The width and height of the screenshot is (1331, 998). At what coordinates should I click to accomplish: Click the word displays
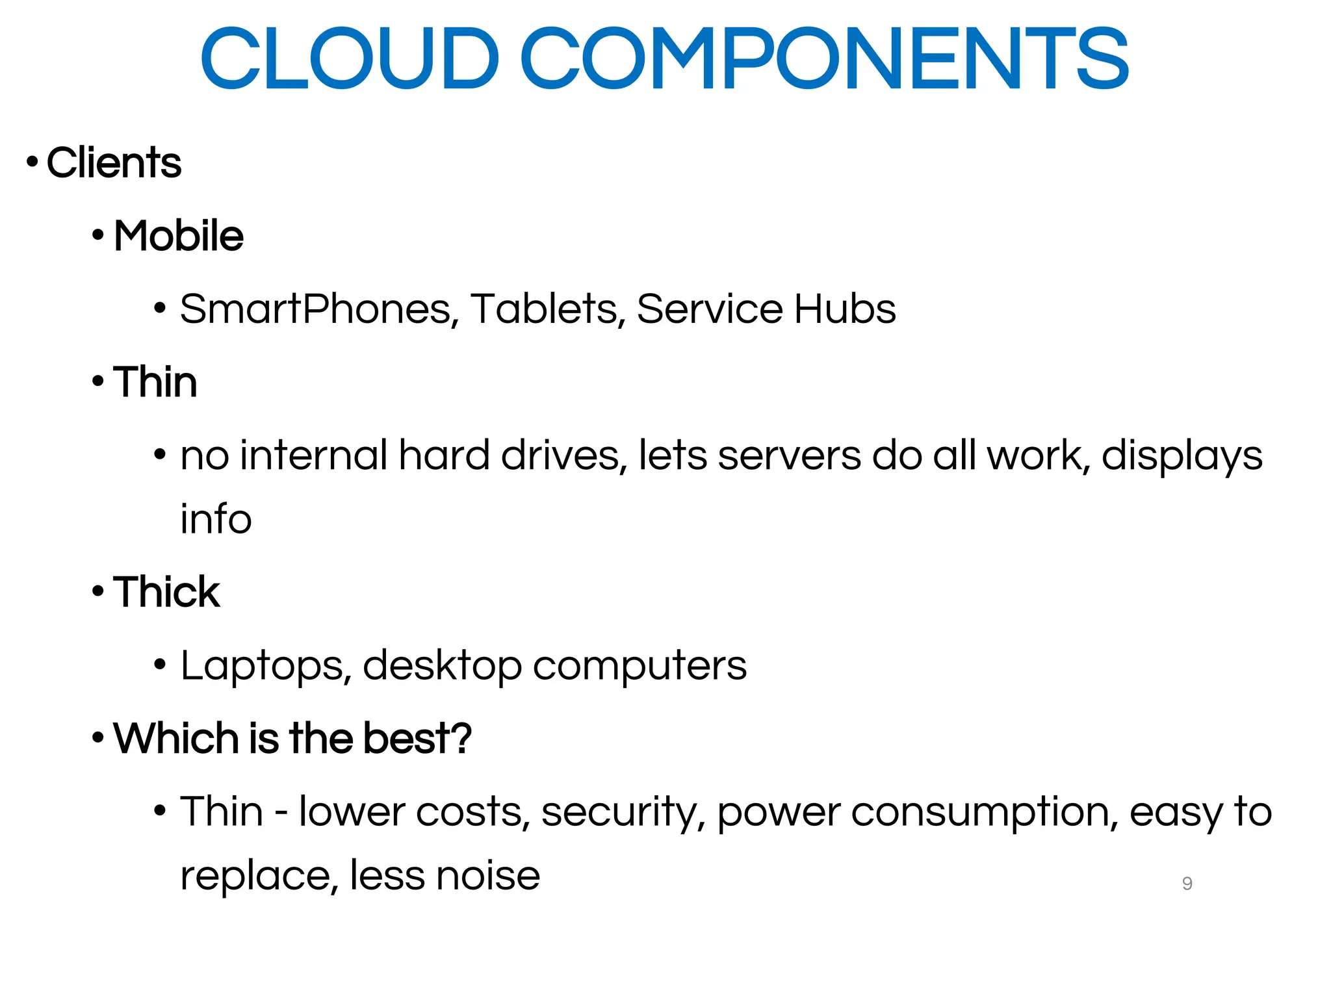click(x=1182, y=455)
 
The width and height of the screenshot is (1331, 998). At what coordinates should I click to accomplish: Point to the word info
click(x=216, y=519)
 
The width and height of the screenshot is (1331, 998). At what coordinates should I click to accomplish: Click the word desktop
click(x=442, y=666)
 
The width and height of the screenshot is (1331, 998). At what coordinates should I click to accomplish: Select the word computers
click(x=640, y=666)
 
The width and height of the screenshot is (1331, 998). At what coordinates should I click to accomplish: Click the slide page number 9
click(x=1187, y=884)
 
